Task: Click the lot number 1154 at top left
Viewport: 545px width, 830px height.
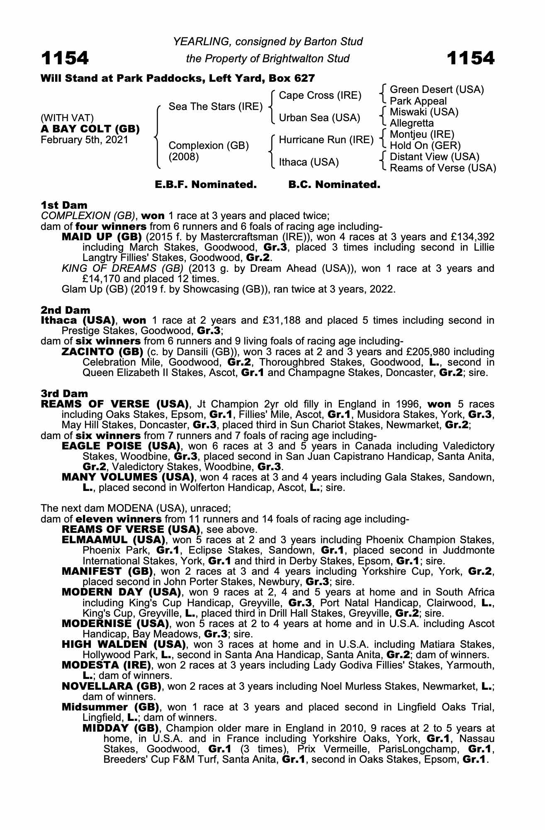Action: coord(65,58)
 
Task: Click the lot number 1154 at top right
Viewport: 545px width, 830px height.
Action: coord(470,58)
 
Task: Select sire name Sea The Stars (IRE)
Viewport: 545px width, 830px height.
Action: coord(215,107)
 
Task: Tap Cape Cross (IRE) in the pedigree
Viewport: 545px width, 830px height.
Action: coord(320,95)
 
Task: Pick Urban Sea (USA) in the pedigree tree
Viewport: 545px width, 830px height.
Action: coord(319,118)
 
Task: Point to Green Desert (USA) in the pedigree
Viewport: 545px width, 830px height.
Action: coord(437,90)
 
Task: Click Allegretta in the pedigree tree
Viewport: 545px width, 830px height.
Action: coord(412,123)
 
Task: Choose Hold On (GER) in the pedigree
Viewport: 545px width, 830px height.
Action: coord(425,146)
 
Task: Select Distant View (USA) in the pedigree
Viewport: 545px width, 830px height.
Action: coord(434,157)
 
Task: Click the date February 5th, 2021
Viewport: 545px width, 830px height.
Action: coord(85,140)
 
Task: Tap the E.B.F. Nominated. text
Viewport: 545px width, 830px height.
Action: coord(205,185)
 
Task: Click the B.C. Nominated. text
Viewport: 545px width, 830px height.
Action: coord(334,185)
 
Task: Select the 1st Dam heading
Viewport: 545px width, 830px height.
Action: coord(64,205)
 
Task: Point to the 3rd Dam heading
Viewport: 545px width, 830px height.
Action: coord(64,393)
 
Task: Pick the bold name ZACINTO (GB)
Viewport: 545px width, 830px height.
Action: coord(101,352)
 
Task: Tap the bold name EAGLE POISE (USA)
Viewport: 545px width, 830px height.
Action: coord(121,446)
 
